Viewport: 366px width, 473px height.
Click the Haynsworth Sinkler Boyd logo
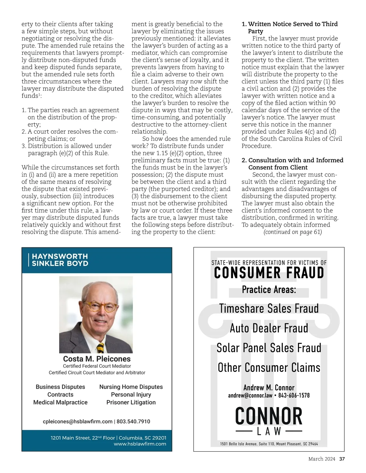[58, 260]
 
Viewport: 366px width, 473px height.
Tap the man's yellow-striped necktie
[100, 347]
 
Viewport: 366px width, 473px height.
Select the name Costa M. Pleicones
[97, 359]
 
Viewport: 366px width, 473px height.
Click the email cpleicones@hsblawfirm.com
[77, 422]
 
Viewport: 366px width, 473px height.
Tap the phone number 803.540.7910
[133, 422]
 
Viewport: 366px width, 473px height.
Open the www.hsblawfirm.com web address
[140, 444]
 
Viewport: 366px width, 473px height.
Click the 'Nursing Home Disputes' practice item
[131, 387]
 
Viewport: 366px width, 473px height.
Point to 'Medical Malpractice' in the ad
[60, 402]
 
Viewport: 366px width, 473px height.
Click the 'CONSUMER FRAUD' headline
[269, 273]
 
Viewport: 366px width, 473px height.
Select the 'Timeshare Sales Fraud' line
[269, 309]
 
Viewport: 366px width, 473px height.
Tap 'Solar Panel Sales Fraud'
[269, 348]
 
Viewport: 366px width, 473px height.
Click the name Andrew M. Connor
[269, 388]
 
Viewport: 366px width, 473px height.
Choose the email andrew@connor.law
[250, 395]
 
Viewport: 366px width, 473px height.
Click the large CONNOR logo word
[269, 416]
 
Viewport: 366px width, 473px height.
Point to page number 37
[342, 459]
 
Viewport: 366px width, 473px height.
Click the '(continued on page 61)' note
[292, 232]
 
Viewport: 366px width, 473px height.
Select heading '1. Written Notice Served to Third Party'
[290, 27]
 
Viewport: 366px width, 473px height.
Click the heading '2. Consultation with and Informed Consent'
[292, 164]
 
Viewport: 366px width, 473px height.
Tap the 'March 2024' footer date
[321, 459]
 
